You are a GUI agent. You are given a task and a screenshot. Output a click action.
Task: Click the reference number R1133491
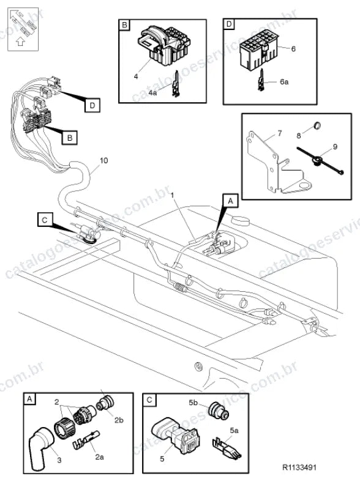(299, 467)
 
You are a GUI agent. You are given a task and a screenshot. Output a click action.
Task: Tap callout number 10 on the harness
(104, 160)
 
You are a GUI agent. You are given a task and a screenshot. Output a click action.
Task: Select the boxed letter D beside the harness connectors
(92, 105)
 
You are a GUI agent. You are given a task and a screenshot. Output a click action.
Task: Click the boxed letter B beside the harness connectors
(70, 138)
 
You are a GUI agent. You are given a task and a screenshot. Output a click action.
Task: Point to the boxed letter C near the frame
(45, 220)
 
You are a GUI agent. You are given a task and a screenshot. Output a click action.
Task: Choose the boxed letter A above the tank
(230, 201)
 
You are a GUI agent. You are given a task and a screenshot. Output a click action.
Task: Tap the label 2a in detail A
(100, 457)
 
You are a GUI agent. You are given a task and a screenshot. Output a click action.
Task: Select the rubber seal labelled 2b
(105, 403)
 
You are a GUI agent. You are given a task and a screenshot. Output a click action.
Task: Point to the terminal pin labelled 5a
(227, 447)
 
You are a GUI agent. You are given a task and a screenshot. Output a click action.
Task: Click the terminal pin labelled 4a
(176, 84)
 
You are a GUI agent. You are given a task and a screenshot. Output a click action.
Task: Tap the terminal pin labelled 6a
(261, 80)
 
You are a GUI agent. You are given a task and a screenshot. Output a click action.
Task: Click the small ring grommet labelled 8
(318, 125)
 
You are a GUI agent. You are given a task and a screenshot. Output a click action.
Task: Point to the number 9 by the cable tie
(336, 147)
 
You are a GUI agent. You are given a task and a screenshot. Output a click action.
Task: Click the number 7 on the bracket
(280, 133)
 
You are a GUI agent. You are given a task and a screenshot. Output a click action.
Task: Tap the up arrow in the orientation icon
(20, 41)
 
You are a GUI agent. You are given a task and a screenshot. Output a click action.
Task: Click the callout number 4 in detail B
(136, 76)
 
